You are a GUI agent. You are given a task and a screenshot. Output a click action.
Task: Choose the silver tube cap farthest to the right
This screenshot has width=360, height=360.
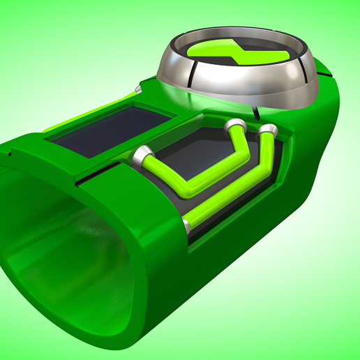pyautogui.click(x=266, y=130)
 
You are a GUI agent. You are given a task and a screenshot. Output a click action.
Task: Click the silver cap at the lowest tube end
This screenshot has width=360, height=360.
pyautogui.click(x=187, y=223)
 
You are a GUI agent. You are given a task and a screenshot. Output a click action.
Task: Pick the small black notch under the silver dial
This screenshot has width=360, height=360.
pyautogui.click(x=257, y=112)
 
